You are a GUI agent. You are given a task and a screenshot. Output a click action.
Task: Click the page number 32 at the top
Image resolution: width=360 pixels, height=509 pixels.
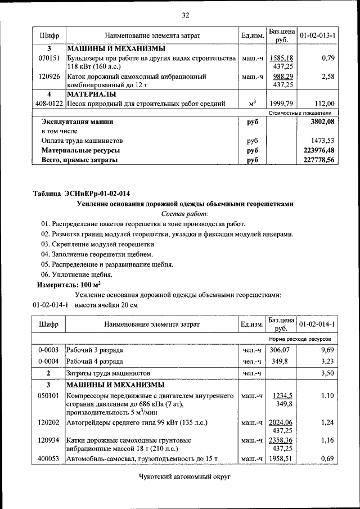click(x=185, y=15)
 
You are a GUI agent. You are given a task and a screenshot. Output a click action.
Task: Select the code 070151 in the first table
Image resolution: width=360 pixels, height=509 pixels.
click(x=49, y=58)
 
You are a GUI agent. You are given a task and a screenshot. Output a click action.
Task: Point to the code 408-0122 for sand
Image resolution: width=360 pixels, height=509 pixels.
click(x=48, y=103)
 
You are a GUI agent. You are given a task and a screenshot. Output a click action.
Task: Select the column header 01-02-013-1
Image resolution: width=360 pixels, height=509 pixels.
click(x=317, y=35)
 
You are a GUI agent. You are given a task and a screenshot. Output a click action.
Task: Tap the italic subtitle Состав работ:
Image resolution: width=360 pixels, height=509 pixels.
click(x=184, y=214)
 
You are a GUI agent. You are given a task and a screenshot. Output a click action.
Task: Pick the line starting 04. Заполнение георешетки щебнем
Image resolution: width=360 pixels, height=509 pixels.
click(x=97, y=254)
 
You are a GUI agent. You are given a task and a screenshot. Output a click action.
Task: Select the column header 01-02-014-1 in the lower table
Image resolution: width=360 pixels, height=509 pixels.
click(x=317, y=325)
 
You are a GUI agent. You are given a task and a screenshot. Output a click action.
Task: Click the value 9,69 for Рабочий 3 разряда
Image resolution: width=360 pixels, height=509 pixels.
click(x=326, y=349)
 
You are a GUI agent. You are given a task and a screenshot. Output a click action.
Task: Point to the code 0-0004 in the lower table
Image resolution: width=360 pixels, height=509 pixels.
click(x=49, y=361)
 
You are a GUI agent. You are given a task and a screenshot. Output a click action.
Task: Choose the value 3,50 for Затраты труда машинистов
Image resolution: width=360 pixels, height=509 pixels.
click(x=326, y=373)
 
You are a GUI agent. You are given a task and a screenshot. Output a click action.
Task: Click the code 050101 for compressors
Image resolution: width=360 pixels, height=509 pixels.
click(x=49, y=395)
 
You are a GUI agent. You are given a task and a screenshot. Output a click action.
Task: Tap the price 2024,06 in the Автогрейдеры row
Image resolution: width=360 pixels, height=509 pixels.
click(x=282, y=422)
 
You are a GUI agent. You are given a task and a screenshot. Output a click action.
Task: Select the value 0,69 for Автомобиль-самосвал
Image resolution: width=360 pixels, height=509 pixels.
click(x=326, y=460)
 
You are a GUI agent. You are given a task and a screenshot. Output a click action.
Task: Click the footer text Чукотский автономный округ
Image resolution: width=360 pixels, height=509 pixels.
click(x=185, y=477)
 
